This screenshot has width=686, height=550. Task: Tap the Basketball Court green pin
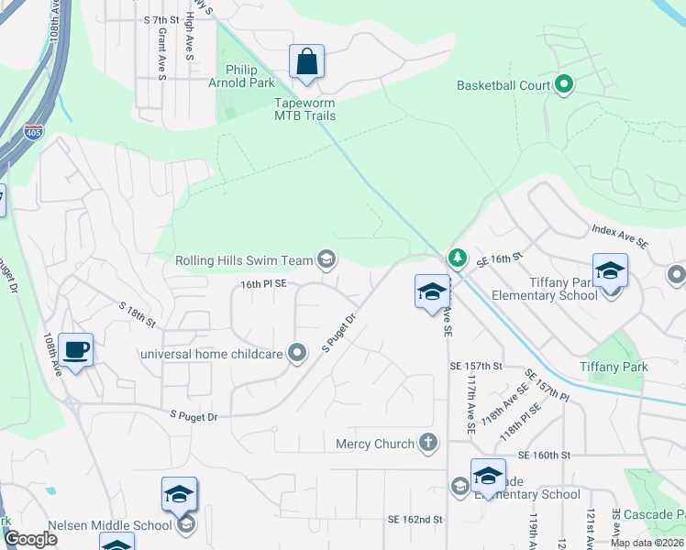[x=565, y=86]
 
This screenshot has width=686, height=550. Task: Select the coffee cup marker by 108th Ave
[x=77, y=349]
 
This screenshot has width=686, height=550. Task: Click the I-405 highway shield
[x=33, y=133]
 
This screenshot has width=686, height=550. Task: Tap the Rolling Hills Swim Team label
[x=245, y=260]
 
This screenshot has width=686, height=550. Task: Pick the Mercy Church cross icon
[x=427, y=444]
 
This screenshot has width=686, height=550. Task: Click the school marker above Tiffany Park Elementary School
[x=610, y=271]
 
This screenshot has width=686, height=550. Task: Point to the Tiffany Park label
[x=614, y=367]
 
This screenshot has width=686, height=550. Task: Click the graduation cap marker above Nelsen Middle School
[x=179, y=495]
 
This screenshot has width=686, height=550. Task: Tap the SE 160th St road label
[x=544, y=455]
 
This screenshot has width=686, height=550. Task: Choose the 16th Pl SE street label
[x=264, y=285]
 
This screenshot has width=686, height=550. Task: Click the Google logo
[x=31, y=539]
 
